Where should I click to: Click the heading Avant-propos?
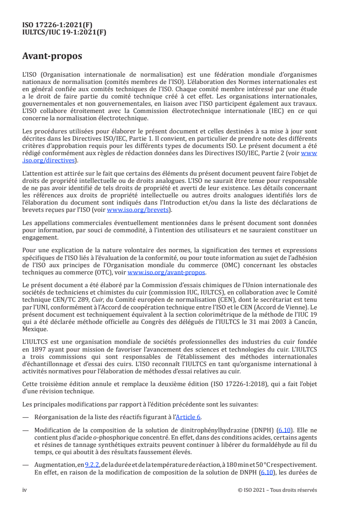pos(52,57)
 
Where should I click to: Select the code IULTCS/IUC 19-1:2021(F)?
pos(64,32)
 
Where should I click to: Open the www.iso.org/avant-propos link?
pos(167,272)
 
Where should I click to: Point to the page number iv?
pos(25,490)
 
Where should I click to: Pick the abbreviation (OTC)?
pos(107,272)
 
